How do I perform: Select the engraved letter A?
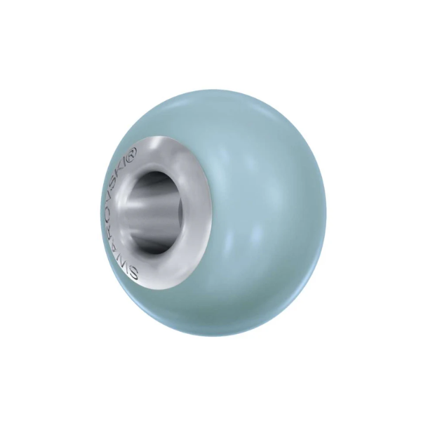coord(128,246)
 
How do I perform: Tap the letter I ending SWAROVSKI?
coord(132,163)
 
